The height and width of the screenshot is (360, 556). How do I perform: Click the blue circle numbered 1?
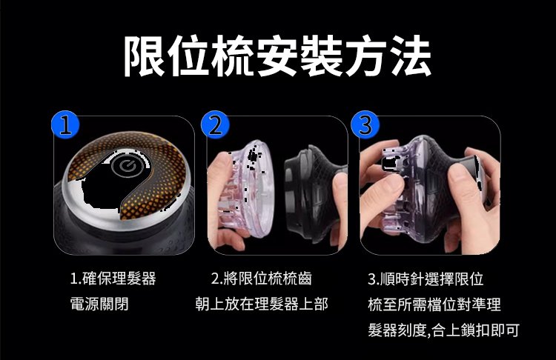click(x=65, y=125)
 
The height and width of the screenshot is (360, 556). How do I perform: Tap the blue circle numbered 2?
click(x=215, y=125)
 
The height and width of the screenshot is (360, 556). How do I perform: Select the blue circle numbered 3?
click(x=365, y=125)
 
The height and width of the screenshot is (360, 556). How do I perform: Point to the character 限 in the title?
click(x=145, y=56)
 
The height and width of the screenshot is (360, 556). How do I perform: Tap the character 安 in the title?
click(x=277, y=56)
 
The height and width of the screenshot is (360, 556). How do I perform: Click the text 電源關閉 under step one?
click(x=99, y=304)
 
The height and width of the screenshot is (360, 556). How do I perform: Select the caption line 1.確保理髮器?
click(x=113, y=279)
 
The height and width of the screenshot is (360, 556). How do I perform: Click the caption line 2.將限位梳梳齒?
click(x=262, y=279)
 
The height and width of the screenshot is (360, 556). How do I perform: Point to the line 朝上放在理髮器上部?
click(x=262, y=304)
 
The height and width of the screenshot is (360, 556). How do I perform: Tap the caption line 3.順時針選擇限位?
click(x=426, y=279)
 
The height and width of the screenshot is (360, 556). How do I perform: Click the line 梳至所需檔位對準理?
click(x=434, y=304)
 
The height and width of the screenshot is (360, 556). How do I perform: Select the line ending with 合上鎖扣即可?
click(x=443, y=330)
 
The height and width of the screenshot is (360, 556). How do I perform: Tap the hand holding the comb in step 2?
click(x=221, y=199)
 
